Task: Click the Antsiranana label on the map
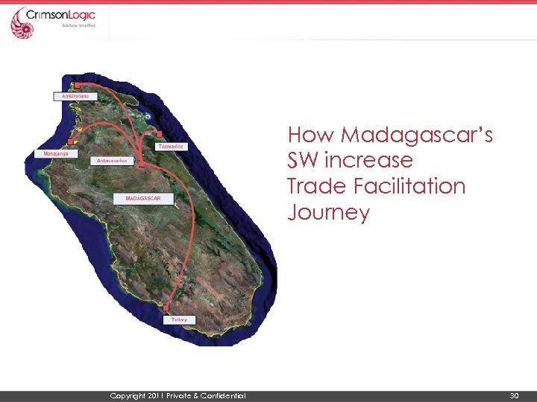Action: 75,96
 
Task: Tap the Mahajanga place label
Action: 56,153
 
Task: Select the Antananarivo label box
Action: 113,161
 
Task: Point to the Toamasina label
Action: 171,147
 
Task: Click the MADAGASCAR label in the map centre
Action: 143,199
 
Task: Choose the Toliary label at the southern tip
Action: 179,319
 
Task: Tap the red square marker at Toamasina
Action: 159,135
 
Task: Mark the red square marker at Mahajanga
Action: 72,141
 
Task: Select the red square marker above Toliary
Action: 166,307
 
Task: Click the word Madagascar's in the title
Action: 417,135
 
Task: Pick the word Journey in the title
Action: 328,213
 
